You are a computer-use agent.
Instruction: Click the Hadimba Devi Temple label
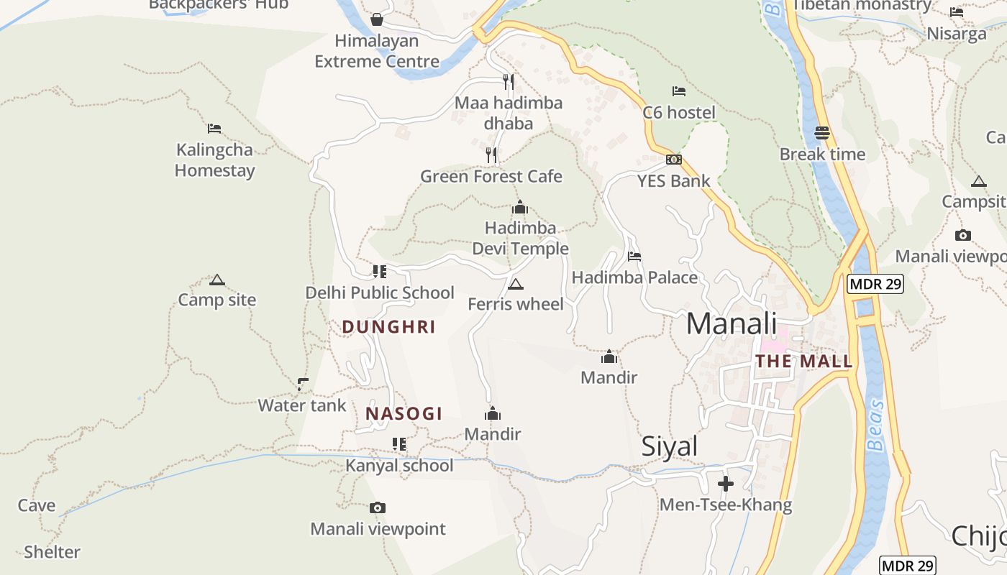pos(520,239)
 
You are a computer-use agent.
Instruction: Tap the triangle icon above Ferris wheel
pos(515,285)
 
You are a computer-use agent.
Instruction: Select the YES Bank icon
pos(674,160)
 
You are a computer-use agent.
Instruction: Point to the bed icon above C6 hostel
pos(679,91)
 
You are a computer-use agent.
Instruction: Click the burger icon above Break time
pos(822,133)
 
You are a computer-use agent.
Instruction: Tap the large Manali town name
pos(732,323)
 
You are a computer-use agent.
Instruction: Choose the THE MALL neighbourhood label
pos(803,362)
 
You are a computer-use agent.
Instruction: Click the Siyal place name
pos(669,447)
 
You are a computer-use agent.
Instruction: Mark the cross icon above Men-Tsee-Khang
pos(726,483)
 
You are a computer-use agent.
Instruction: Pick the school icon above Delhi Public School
pos(379,272)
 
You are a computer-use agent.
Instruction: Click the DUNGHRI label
pos(388,327)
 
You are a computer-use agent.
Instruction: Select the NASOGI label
pos(404,414)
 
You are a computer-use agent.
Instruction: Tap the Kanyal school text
pos(399,466)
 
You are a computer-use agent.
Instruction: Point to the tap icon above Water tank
pos(303,385)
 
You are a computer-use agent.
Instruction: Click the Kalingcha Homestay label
pos(215,160)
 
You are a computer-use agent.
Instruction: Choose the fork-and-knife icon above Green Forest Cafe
pos(491,155)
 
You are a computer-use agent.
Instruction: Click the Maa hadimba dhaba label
pos(509,113)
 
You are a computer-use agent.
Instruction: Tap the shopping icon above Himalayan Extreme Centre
pos(376,19)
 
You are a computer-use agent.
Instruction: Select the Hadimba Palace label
pos(634,277)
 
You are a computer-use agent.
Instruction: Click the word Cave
pos(37,505)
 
